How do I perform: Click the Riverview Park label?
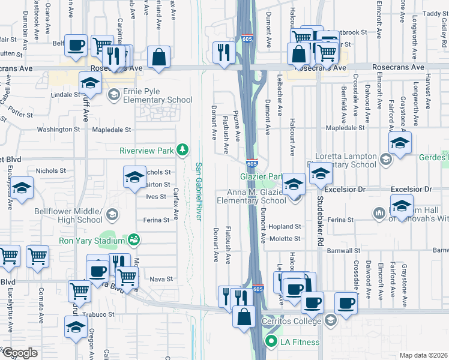(146, 149)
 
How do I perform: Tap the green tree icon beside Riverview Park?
(187, 149)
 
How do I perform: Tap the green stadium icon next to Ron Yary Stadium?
(134, 241)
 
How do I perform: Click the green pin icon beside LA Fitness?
(271, 343)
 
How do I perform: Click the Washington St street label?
(58, 129)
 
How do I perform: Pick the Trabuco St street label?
(98, 314)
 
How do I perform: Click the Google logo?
(20, 352)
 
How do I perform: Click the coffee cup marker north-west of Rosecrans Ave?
(76, 46)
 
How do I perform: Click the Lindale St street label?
(65, 95)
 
